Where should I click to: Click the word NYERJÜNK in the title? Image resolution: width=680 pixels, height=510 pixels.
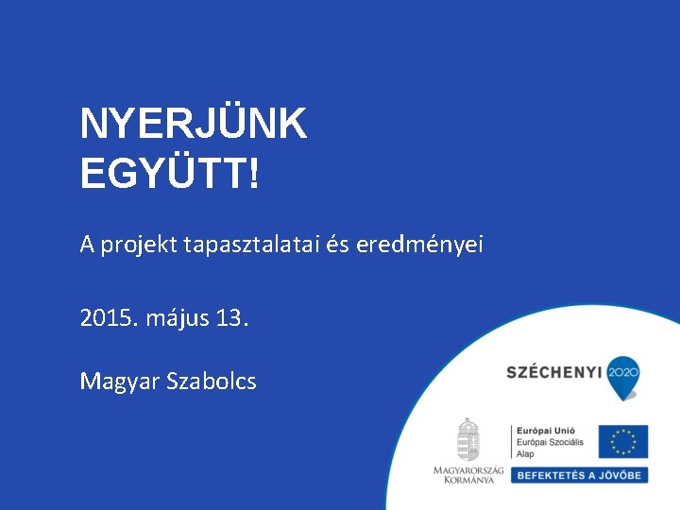coord(194,124)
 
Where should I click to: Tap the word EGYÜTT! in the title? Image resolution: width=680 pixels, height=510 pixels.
coord(169,173)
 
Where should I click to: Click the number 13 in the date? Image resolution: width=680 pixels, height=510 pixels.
coord(230,318)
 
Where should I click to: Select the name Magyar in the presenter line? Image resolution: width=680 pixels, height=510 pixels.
coord(120,382)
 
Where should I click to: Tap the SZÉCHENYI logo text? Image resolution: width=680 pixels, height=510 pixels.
coord(555,373)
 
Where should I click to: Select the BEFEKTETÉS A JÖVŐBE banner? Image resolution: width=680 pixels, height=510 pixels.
coord(579,475)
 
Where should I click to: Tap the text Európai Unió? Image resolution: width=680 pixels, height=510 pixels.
coord(545,430)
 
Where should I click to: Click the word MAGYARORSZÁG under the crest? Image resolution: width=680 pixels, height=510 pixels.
coord(468,469)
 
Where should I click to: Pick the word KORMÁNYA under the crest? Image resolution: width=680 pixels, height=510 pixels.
coord(468,480)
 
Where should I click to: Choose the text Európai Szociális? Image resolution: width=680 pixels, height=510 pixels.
coord(550,442)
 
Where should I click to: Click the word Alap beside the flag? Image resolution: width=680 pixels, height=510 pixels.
coord(525,454)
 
